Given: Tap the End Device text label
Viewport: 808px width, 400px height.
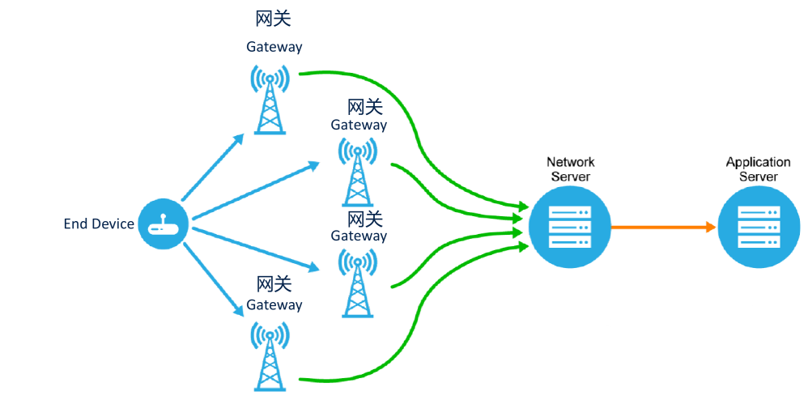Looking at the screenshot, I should point(99,224).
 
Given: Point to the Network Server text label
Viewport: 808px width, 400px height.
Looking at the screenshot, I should point(570,169).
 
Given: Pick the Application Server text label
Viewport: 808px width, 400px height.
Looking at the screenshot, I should point(758,169).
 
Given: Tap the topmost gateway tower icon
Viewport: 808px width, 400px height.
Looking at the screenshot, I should point(270,100).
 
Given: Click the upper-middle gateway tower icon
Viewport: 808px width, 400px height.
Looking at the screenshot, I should point(357,172).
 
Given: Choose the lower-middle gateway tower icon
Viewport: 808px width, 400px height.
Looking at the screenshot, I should point(357,283).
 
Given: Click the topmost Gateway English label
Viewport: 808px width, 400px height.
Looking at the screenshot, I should point(274,47).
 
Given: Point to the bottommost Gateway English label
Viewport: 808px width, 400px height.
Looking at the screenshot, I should point(274,305).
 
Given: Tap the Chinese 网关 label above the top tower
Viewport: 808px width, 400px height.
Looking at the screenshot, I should point(273,19).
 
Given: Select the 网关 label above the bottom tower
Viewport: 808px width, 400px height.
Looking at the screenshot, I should point(273,284).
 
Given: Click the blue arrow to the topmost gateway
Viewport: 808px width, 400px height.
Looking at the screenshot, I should point(212,168).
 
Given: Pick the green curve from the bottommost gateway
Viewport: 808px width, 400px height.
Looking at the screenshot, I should point(405,356).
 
